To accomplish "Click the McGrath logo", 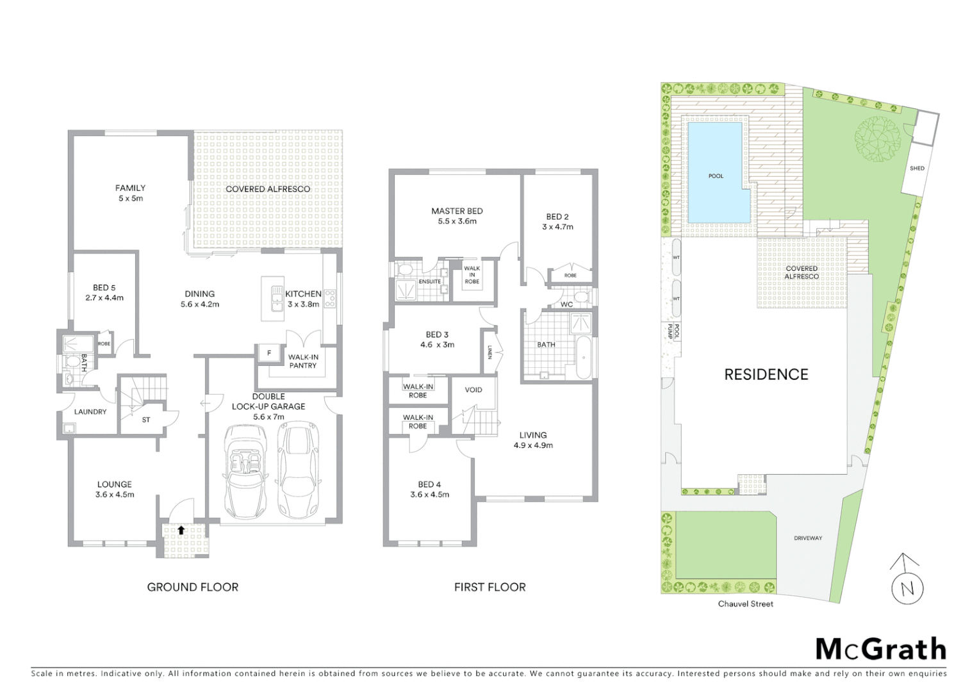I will pos(881,649).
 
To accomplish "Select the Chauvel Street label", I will pos(745,604).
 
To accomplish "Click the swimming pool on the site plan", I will pos(716,174).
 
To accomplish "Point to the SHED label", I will pos(917,169).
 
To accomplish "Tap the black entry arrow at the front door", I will pos(182,530).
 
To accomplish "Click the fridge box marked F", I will pos(268,353).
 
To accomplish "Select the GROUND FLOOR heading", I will pos(192,587).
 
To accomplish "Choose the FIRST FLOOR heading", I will pos(489,587).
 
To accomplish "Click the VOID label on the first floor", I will pos(473,390).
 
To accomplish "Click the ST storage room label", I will pos(146,420).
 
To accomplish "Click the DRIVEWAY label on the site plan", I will pos(807,538).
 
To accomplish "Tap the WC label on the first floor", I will pos(566,304).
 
